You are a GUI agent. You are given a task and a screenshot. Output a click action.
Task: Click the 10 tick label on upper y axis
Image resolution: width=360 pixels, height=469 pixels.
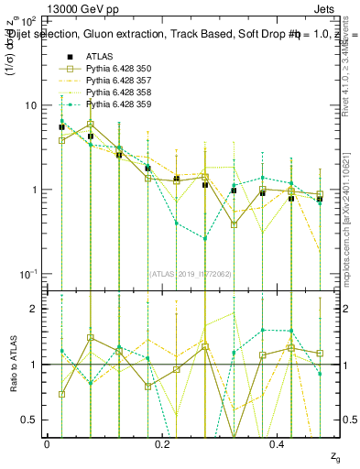point(30,105)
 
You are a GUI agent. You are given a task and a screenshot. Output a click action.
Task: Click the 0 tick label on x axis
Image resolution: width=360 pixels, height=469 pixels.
point(48,442)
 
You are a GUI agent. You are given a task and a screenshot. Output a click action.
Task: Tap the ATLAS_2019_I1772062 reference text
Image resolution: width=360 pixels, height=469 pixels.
point(189,272)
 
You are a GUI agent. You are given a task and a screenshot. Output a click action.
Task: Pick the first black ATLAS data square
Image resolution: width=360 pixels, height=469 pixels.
point(61,127)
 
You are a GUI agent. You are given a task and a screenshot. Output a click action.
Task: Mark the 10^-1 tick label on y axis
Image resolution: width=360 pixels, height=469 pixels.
point(28,274)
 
